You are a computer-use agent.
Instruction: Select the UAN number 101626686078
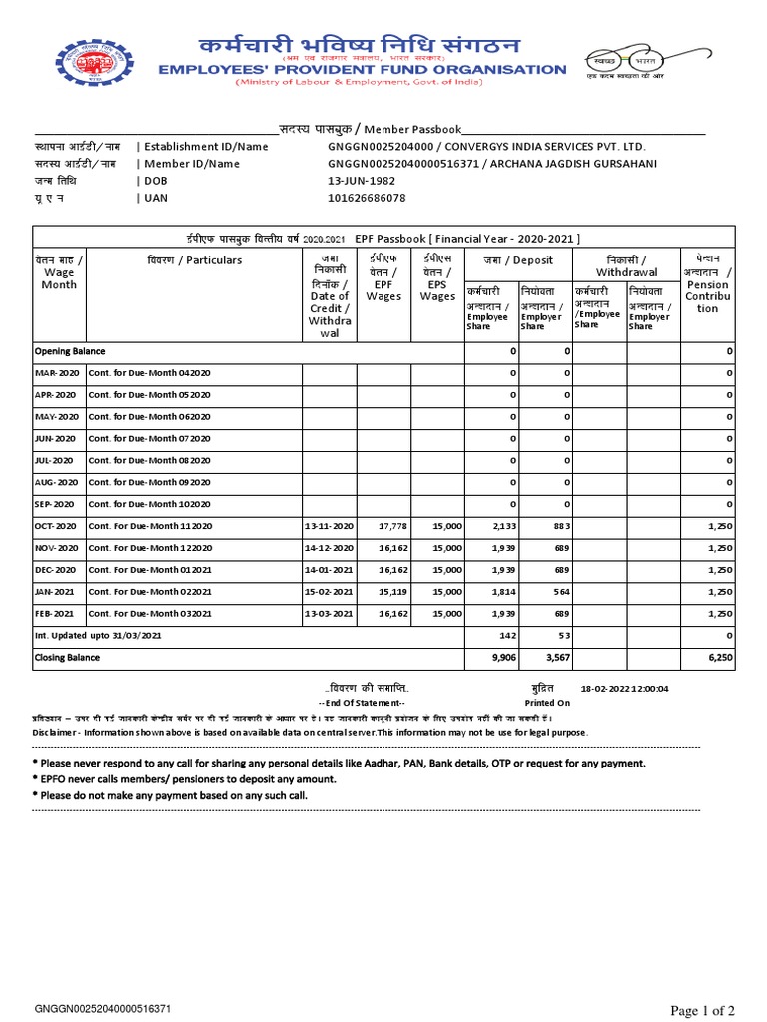point(367,198)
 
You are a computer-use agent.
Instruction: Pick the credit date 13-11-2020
point(330,526)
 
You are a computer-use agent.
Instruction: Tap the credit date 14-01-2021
point(330,569)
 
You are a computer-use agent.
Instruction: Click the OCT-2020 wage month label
point(56,526)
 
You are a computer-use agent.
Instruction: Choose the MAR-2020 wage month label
point(56,373)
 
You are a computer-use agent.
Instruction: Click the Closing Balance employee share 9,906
point(501,658)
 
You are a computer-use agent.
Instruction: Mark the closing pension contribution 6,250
point(719,658)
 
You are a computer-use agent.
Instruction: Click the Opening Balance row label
point(70,351)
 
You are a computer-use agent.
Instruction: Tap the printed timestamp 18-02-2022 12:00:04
point(624,689)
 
